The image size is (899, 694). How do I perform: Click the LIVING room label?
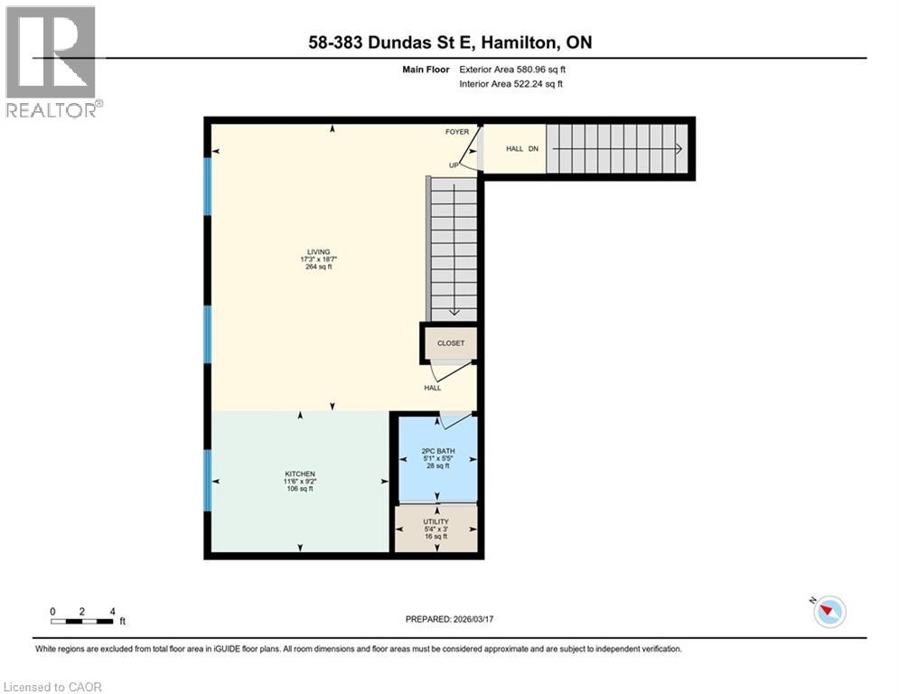click(318, 252)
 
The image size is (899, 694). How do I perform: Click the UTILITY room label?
click(436, 521)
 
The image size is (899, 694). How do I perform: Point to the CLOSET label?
click(450, 343)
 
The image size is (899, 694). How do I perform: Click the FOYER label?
click(457, 132)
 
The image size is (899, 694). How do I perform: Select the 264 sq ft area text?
click(318, 267)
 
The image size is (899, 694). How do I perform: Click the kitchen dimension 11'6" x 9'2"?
click(300, 482)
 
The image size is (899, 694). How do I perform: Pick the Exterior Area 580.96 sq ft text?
click(512, 70)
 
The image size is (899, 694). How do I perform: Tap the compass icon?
click(829, 612)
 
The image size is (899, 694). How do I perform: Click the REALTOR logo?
click(52, 61)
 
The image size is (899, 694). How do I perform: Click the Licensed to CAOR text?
click(53, 687)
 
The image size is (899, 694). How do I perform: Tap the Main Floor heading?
click(429, 70)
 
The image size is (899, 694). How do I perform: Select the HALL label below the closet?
click(433, 388)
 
